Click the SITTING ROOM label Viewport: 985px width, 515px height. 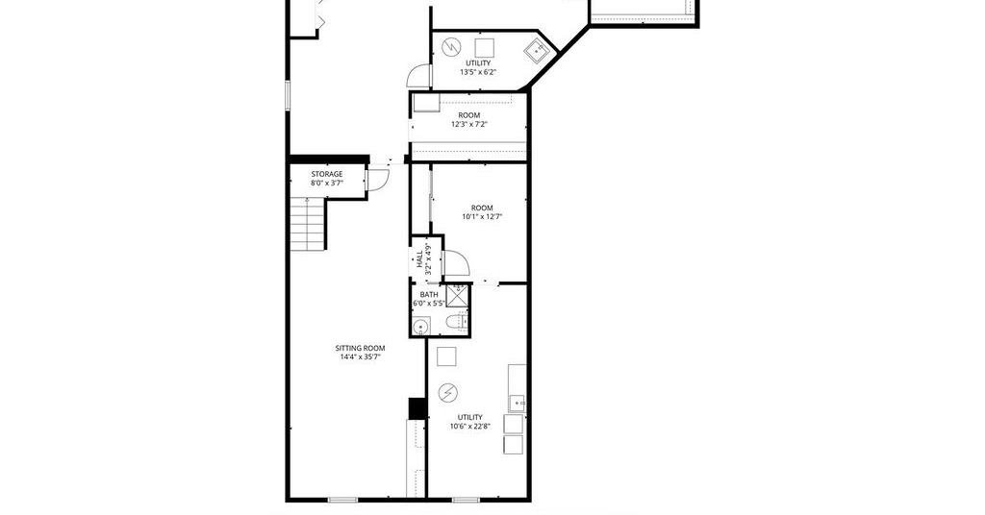click(360, 348)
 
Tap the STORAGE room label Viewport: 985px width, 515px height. click(327, 174)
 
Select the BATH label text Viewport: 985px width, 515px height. click(429, 294)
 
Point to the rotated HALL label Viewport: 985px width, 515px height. click(419, 259)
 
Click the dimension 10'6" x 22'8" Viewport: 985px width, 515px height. click(469, 427)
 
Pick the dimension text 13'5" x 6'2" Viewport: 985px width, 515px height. click(478, 72)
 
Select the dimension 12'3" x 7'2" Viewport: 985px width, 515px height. click(469, 124)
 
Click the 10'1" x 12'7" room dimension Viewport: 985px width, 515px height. click(483, 217)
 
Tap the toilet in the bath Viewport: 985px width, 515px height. click(457, 323)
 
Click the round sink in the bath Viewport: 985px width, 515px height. click(420, 326)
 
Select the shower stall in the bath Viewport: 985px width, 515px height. click(458, 296)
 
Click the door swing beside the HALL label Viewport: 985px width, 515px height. click(456, 262)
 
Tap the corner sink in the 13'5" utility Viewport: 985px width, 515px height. click(536, 50)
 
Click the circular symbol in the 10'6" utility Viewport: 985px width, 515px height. click(448, 393)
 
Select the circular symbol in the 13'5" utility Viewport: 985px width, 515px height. click(451, 47)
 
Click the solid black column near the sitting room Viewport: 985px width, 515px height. click(417, 408)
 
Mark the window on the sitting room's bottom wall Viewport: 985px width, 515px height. click(343, 500)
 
